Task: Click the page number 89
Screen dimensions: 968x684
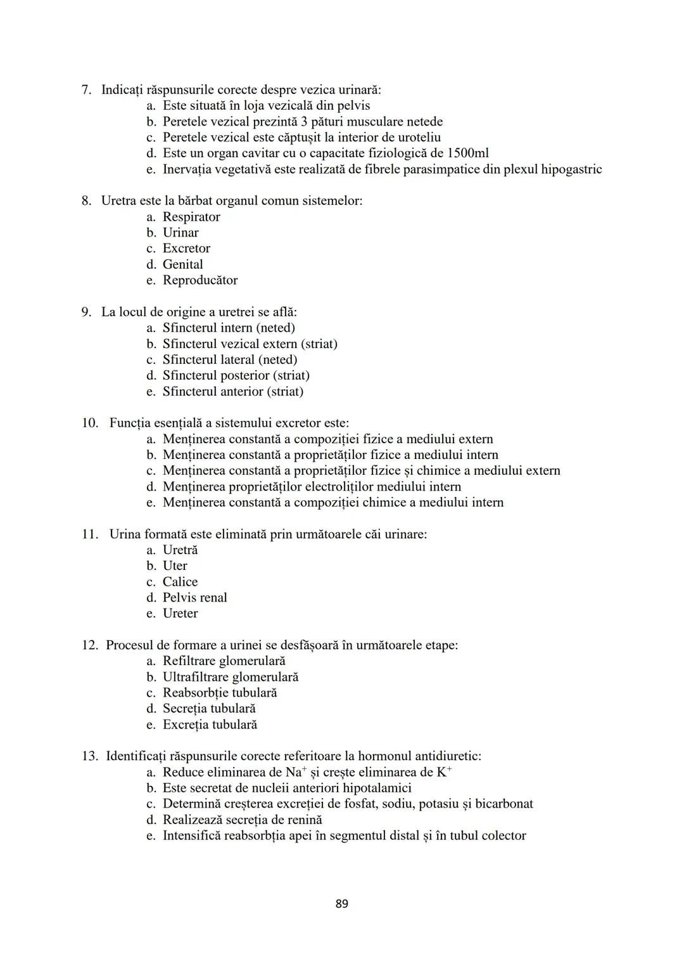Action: (341, 903)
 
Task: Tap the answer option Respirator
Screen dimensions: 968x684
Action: (191, 217)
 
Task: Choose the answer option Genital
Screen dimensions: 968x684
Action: (182, 264)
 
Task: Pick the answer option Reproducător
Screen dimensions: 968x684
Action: (200, 280)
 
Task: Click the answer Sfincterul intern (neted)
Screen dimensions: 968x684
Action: (229, 328)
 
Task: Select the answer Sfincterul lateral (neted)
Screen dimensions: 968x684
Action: (229, 359)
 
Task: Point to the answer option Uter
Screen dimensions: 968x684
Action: (175, 565)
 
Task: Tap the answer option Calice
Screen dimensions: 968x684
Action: (180, 581)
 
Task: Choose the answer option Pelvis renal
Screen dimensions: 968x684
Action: (194, 597)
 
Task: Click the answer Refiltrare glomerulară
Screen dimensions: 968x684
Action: (224, 661)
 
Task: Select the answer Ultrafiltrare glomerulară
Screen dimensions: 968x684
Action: (231, 677)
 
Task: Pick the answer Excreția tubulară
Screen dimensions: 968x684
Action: (210, 725)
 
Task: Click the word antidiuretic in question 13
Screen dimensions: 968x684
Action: (448, 756)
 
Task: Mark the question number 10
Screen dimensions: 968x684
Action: (89, 423)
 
